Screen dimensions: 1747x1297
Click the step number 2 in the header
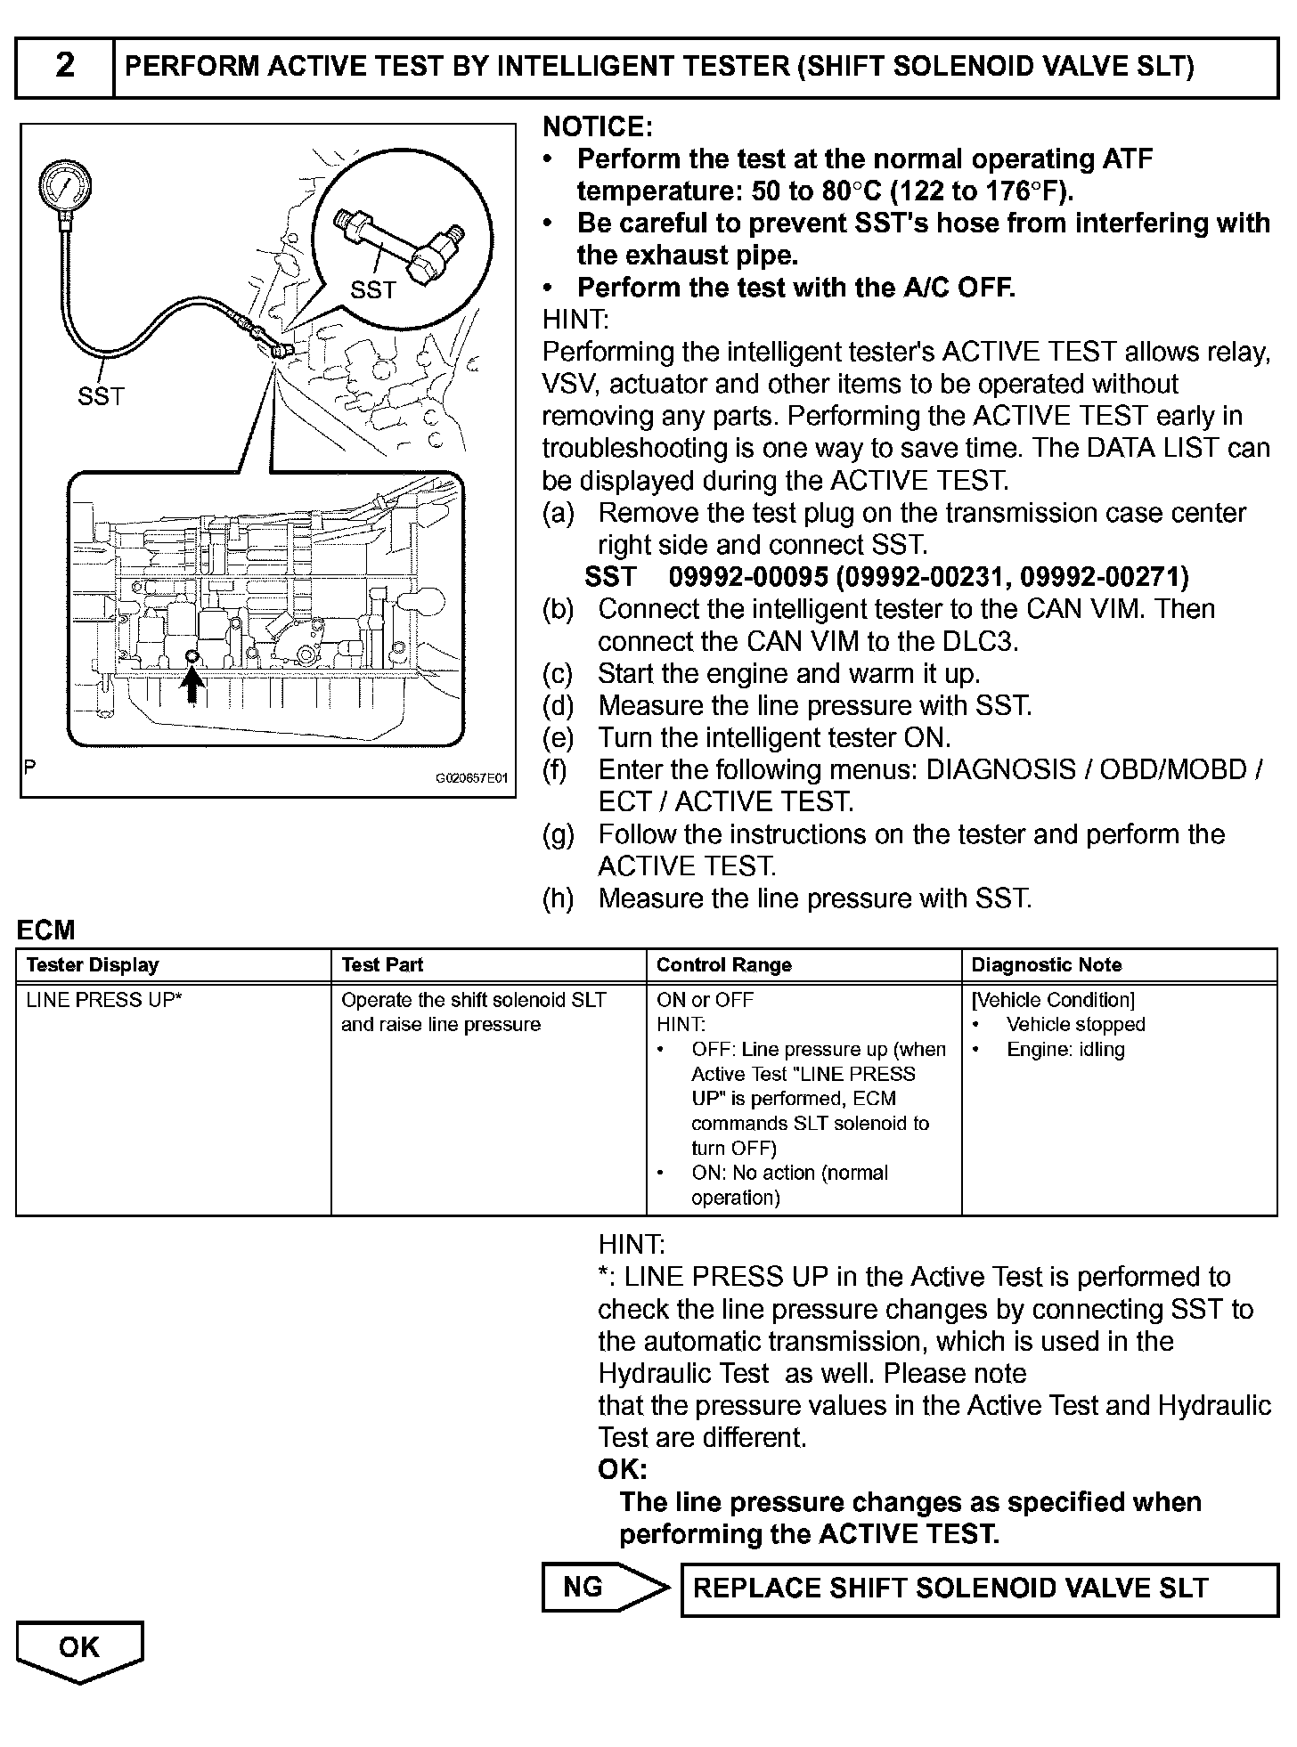pyautogui.click(x=65, y=66)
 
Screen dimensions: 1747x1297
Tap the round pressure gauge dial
pyautogui.click(x=65, y=187)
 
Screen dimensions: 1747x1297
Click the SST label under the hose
pyautogui.click(x=101, y=396)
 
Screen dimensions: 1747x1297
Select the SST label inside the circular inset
pyautogui.click(x=372, y=289)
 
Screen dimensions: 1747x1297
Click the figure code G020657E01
pyautogui.click(x=470, y=778)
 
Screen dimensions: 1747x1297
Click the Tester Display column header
pyautogui.click(x=93, y=965)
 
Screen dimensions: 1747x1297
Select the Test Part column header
pyautogui.click(x=382, y=965)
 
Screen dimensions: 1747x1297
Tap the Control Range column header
pyautogui.click(x=723, y=965)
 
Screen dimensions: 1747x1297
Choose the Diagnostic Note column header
pyautogui.click(x=1046, y=965)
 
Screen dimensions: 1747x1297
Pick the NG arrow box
pyautogui.click(x=601, y=1588)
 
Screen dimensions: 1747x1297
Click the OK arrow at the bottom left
pyautogui.click(x=79, y=1648)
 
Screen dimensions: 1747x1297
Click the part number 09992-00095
pyautogui.click(x=748, y=577)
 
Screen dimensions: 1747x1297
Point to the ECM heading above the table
pyautogui.click(x=45, y=930)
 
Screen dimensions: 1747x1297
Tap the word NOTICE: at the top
pyautogui.click(x=598, y=127)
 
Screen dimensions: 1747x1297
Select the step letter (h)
pyautogui.click(x=558, y=898)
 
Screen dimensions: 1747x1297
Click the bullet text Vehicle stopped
pyautogui.click(x=1075, y=1025)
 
